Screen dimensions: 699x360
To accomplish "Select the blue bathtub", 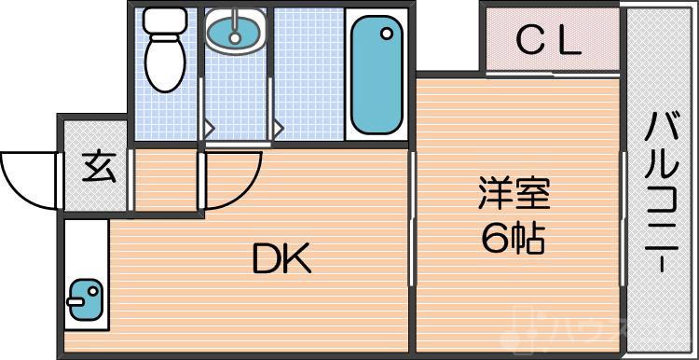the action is coord(377,79).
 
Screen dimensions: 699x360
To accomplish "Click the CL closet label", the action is coord(550,40).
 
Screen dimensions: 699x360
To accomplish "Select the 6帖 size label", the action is coord(513,240).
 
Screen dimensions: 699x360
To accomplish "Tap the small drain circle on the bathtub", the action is coord(385,35).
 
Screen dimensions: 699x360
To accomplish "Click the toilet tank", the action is coord(165,21).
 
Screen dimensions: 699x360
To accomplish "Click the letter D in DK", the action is coord(266,258).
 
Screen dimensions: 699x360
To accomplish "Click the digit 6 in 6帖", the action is coord(494,240).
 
